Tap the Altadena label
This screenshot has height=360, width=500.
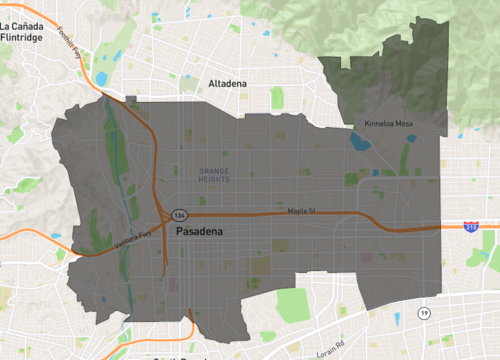point(227,84)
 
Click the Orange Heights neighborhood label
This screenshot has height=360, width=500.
point(214,175)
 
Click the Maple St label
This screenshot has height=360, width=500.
point(301,211)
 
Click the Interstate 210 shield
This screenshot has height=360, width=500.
point(471,227)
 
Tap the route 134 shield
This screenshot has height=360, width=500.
point(179,215)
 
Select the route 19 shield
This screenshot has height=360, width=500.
point(424,314)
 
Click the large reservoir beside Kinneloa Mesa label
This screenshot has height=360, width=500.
point(360,141)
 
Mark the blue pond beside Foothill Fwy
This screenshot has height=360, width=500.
point(101,79)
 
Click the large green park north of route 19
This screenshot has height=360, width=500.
point(293,305)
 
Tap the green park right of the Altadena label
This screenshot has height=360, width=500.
point(277,98)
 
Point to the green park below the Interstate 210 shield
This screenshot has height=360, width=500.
point(487,246)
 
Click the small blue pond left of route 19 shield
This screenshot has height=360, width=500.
point(397,319)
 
